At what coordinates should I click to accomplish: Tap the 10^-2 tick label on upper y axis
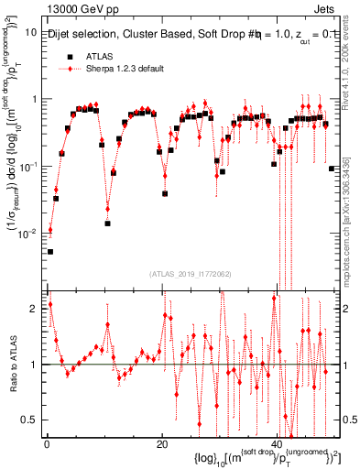(x=27, y=234)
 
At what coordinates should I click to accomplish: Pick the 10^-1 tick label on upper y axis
(x=27, y=167)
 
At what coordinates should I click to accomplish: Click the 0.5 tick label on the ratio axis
(x=30, y=420)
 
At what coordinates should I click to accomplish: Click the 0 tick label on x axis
(x=46, y=443)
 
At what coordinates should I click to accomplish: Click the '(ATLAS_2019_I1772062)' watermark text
(x=191, y=273)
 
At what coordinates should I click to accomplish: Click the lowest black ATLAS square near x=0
(x=50, y=251)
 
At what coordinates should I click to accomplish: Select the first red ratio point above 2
(x=50, y=304)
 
